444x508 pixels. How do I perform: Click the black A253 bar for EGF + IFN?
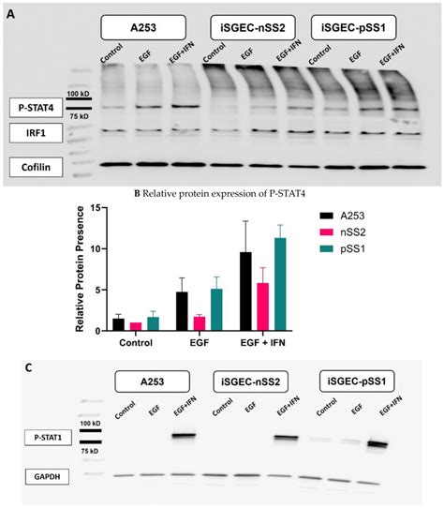245,291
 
